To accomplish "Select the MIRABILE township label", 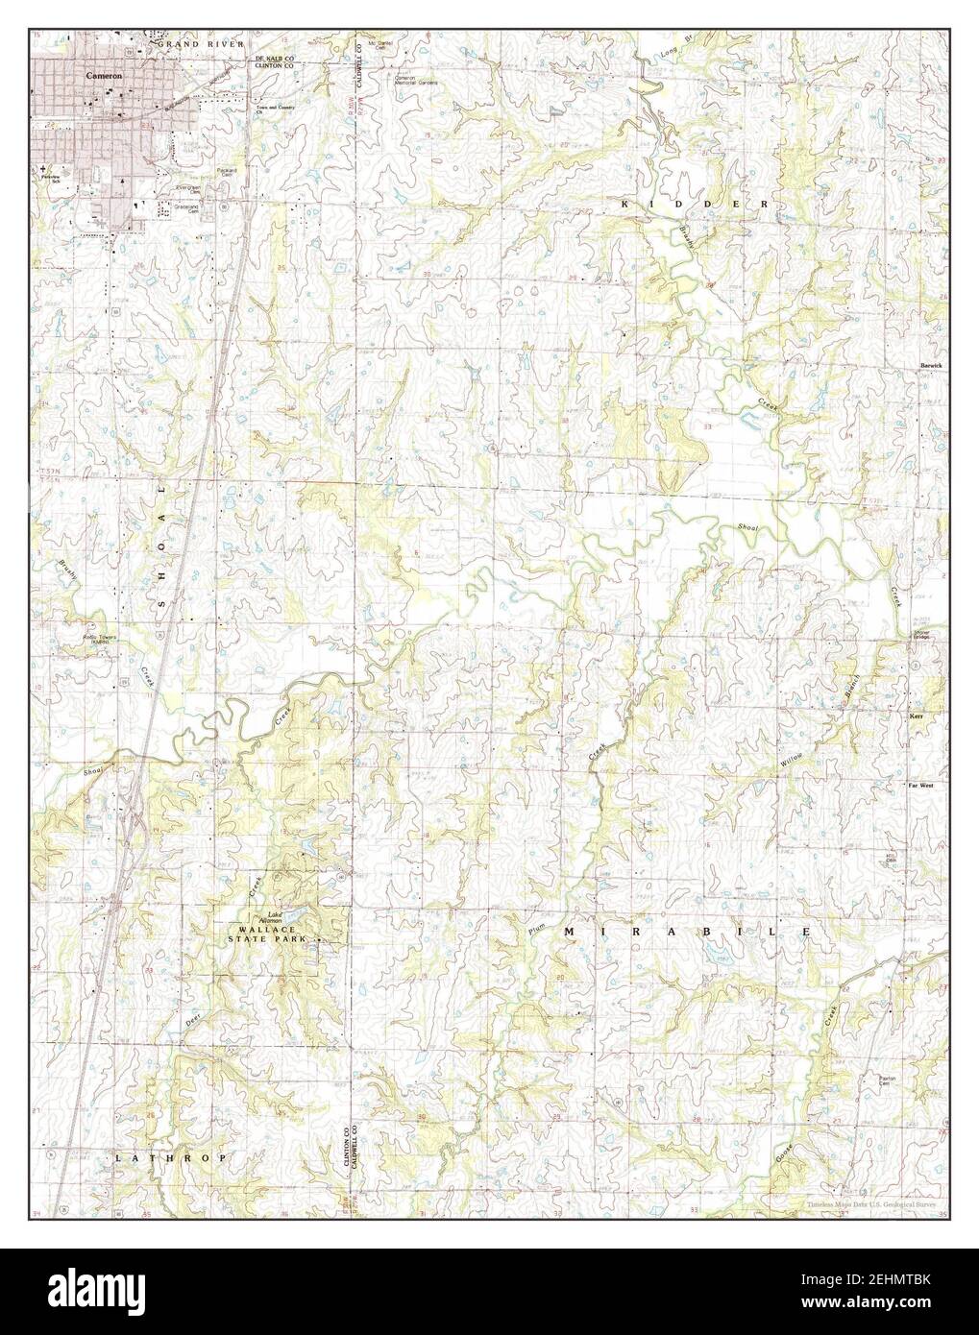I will point(687,933).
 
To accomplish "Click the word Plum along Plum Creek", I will point(535,929).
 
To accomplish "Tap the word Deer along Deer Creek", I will point(192,1023).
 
